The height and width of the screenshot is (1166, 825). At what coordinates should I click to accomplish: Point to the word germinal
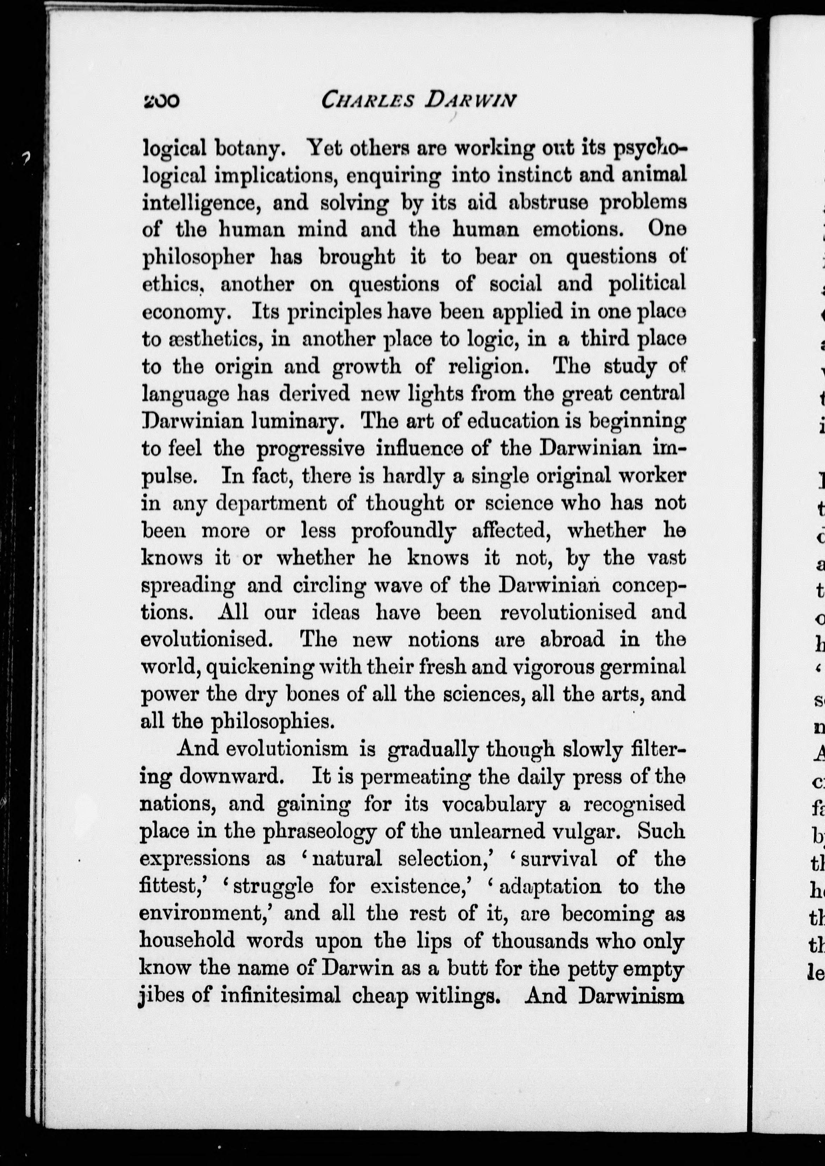tap(642, 666)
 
